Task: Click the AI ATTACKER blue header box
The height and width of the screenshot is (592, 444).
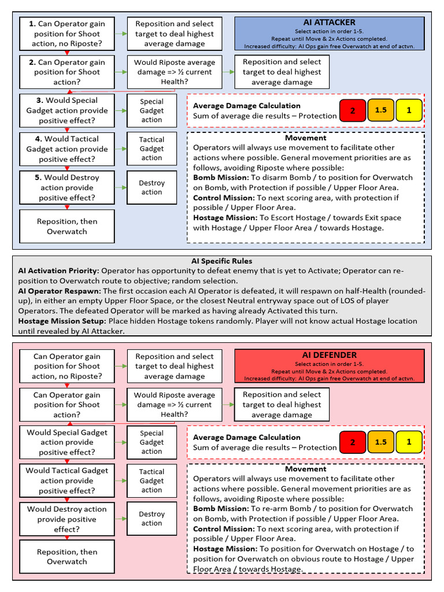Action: coord(329,34)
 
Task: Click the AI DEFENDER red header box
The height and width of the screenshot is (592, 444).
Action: coord(329,366)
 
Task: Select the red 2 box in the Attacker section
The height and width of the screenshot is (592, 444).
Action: coord(353,110)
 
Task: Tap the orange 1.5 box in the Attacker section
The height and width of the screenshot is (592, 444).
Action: coord(381,110)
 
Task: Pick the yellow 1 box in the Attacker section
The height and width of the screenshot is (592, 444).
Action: coord(409,110)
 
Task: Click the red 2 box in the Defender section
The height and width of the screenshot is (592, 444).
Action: coord(353,442)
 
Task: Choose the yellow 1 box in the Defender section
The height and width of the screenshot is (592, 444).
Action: coord(409,442)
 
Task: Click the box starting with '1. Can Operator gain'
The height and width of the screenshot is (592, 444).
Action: coord(67,34)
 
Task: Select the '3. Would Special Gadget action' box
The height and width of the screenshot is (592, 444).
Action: coord(67,110)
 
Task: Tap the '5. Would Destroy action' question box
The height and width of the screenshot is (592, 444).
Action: coord(67,187)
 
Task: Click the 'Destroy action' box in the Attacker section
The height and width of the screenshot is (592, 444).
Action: coord(151,187)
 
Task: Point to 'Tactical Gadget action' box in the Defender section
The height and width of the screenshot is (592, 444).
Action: coord(151,480)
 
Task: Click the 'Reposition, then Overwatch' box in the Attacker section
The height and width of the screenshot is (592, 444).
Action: coord(67,226)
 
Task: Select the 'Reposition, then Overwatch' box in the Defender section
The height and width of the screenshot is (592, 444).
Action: coord(67,556)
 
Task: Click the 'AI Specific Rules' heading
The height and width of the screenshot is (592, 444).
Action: coord(221,261)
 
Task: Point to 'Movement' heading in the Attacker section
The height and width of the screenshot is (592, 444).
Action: coord(305,138)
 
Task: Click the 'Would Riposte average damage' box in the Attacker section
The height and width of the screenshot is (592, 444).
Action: coord(174,72)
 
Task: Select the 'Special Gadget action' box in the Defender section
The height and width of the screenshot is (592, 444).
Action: coord(151,442)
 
